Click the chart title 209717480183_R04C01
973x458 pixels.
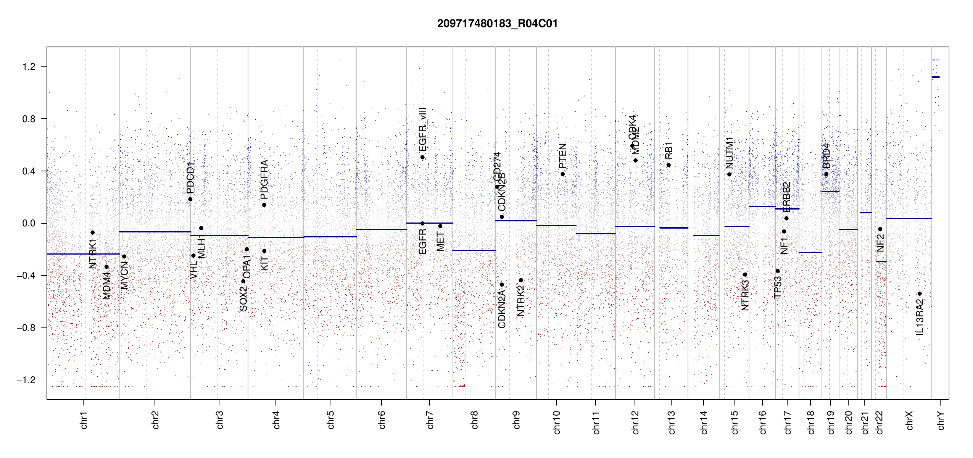[x=497, y=24]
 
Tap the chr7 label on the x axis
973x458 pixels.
[x=430, y=420]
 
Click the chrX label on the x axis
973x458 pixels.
[x=909, y=420]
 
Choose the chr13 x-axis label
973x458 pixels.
[x=671, y=422]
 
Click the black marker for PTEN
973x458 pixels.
[x=562, y=174]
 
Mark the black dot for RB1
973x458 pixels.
[x=669, y=165]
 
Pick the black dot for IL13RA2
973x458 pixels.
[x=920, y=294]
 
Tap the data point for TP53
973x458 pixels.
[x=778, y=271]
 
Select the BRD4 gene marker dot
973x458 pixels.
[x=826, y=174]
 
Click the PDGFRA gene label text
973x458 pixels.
[x=264, y=179]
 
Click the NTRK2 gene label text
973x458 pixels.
[x=521, y=301]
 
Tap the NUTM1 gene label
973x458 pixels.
[x=730, y=153]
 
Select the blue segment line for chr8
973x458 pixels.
[x=474, y=250]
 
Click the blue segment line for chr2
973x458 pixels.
[x=155, y=231]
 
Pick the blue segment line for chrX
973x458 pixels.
[x=909, y=218]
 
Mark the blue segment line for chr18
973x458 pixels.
[x=810, y=252]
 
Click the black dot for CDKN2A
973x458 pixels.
[x=502, y=285]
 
